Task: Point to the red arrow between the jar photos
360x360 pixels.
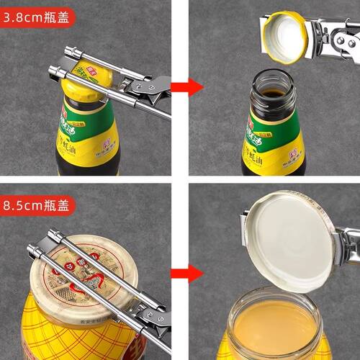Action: (x=189, y=273)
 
